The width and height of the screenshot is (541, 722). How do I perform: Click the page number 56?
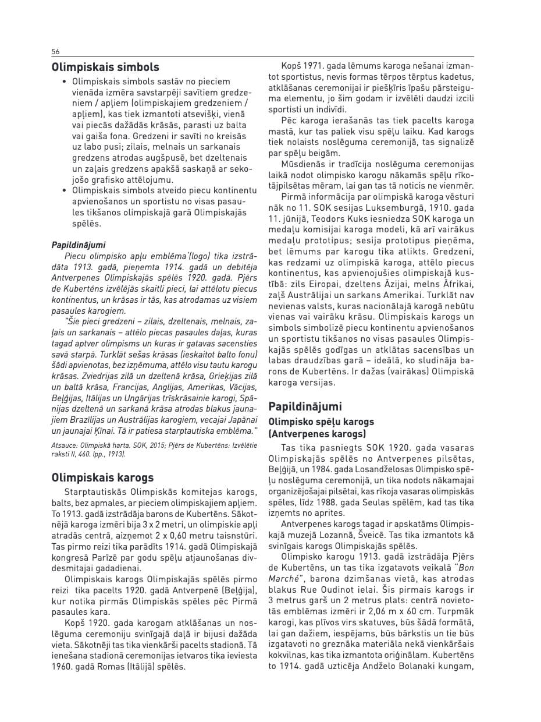tap(56, 51)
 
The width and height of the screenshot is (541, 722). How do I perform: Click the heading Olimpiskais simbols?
tap(105, 68)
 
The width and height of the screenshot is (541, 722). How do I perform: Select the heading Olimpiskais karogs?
tap(102, 478)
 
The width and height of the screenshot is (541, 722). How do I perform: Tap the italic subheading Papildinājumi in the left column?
tap(79, 245)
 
